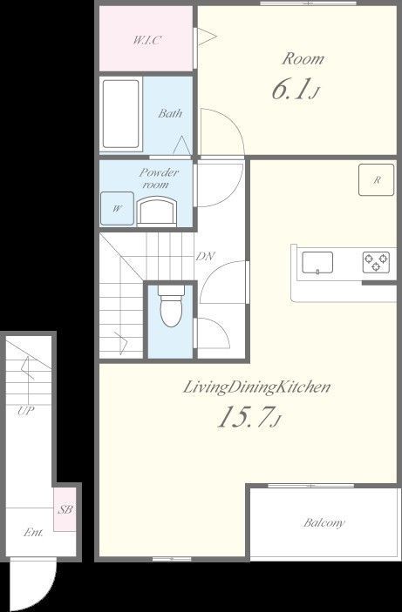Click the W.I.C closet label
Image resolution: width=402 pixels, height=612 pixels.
[146, 40]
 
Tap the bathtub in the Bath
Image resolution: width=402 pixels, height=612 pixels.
[121, 114]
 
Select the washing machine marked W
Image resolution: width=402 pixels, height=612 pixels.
[118, 208]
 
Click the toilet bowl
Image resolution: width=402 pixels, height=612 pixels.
[171, 306]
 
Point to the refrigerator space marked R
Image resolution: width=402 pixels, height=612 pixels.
[376, 179]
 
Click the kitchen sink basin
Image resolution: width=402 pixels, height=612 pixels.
[317, 262]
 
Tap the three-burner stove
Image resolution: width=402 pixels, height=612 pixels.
[376, 262]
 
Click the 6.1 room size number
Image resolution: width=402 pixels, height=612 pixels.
[290, 90]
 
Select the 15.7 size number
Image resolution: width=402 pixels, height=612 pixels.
[244, 417]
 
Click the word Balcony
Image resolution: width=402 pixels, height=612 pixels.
[324, 522]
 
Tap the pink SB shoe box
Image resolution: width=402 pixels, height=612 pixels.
[65, 509]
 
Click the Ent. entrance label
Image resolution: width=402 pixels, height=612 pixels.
[33, 532]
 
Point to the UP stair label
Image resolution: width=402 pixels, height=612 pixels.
[26, 411]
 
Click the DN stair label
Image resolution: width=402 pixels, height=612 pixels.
[205, 257]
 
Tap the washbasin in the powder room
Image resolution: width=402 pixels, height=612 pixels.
[156, 212]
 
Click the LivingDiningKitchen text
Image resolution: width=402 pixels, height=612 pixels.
[257, 388]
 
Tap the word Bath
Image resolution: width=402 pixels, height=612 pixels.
[170, 113]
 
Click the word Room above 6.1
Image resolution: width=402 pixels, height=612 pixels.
[303, 59]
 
